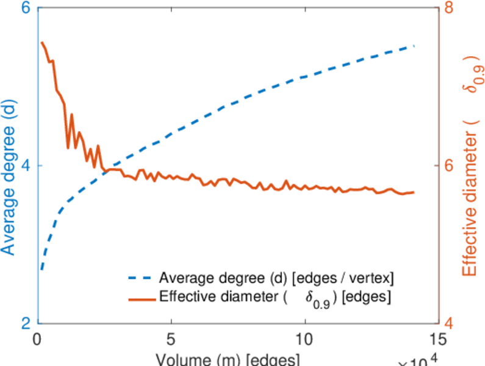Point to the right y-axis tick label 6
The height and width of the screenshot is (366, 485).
[x=451, y=165]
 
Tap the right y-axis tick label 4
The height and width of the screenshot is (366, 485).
[x=451, y=323]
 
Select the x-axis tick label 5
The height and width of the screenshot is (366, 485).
[x=171, y=339]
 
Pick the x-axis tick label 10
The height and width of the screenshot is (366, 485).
[x=304, y=339]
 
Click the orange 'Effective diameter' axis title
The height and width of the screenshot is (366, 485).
[x=470, y=166]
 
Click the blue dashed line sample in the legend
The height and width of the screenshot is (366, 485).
[x=142, y=279]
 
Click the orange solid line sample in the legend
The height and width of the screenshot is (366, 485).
[x=142, y=298]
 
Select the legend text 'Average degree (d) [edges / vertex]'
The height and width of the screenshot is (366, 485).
[x=276, y=279]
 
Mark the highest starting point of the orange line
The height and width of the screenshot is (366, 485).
[x=41, y=43]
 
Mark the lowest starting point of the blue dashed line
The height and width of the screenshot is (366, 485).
[x=41, y=269]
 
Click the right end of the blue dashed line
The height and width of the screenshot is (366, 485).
[x=414, y=46]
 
